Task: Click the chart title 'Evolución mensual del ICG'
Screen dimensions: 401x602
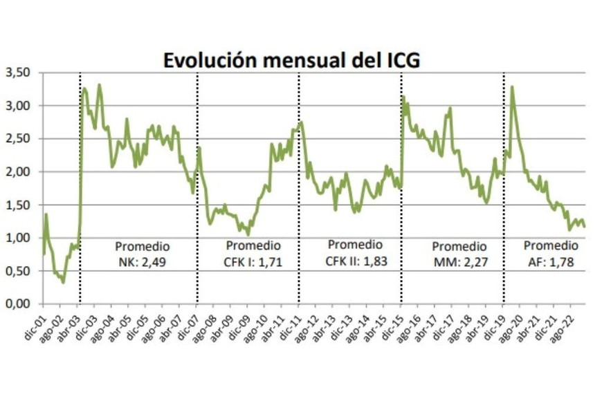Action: [x=291, y=60]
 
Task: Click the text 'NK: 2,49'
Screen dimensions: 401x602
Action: [x=141, y=262]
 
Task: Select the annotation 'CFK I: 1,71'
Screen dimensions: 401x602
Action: [x=253, y=262]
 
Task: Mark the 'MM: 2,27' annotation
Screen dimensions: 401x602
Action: [x=459, y=262]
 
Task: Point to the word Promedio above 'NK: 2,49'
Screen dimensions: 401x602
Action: [x=142, y=246]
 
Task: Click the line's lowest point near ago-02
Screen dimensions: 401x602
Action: [x=63, y=282]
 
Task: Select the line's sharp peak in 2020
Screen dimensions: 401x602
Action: [x=512, y=87]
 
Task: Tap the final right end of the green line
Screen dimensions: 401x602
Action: [x=585, y=226]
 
